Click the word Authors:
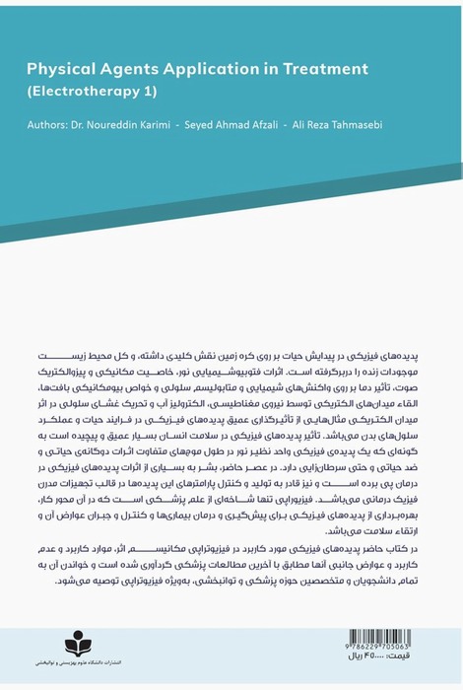[x=51, y=126]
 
